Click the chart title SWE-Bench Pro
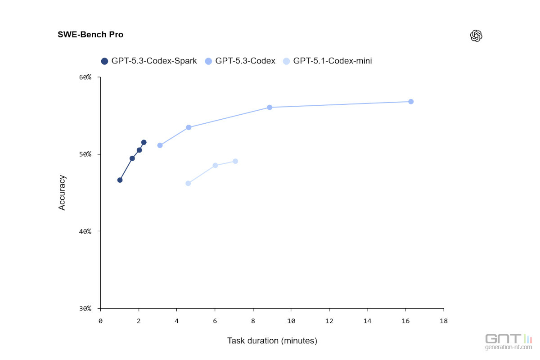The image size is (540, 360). tap(90, 35)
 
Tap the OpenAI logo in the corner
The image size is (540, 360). tap(476, 36)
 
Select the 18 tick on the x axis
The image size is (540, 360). tap(443, 320)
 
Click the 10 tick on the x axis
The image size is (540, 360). tap(291, 320)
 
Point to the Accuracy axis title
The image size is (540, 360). tap(62, 193)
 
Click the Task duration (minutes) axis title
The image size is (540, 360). tap(272, 341)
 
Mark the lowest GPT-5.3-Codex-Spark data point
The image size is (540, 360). tap(120, 180)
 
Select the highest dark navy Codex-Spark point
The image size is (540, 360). tap(144, 142)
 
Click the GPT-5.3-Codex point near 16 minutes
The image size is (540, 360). tap(411, 102)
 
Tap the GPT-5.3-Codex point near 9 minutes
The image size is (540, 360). tap(270, 107)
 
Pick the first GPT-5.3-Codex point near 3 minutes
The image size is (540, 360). tap(160, 145)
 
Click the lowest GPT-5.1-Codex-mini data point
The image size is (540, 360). tap(188, 183)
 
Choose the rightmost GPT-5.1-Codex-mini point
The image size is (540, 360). tap(235, 161)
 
